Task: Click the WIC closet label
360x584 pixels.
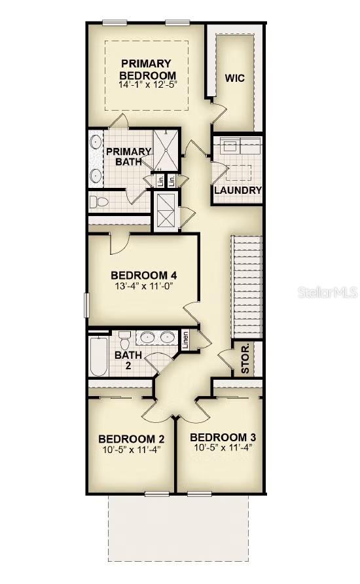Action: pos(235,78)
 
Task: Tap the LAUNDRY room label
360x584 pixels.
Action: pos(238,191)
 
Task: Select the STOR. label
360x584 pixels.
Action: pos(245,360)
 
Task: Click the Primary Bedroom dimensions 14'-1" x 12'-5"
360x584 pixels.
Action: pos(147,84)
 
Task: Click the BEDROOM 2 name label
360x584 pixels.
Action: pos(132,439)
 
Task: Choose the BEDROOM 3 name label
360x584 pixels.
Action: pos(223,437)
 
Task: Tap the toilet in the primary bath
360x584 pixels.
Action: pos(99,202)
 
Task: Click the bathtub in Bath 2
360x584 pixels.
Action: pos(99,357)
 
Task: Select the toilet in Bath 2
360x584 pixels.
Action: pos(124,339)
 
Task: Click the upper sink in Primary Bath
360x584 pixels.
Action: pos(96,142)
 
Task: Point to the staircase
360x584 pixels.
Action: pos(247,287)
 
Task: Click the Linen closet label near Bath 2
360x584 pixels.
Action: pos(186,339)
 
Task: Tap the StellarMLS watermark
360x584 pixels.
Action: pos(328,293)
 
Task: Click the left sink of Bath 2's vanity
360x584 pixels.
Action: pos(147,337)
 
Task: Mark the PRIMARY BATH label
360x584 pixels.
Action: pos(128,156)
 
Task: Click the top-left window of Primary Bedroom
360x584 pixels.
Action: pos(115,23)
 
